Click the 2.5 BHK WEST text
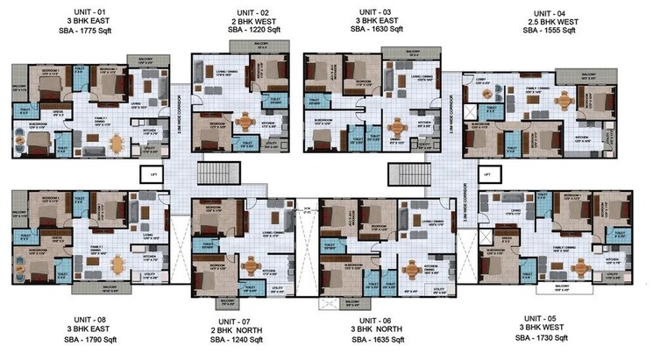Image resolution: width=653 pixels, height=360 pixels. point(550,21)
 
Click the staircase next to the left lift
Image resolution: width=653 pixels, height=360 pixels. point(176,173)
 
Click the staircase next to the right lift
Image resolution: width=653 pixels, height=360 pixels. point(403,173)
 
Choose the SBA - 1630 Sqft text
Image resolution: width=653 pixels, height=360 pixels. point(377,29)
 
